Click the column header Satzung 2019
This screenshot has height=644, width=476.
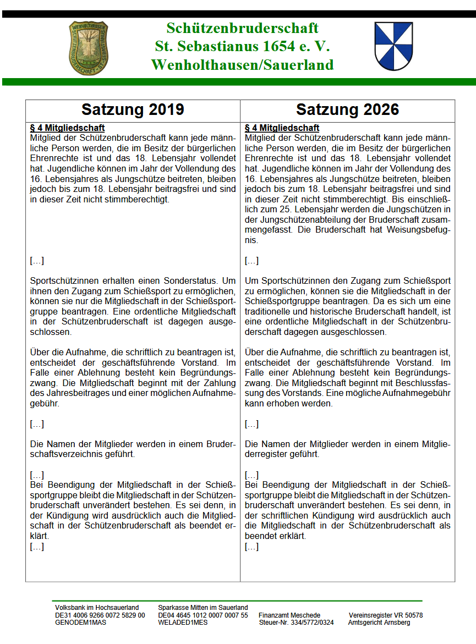point(133,109)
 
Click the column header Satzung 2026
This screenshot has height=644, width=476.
point(347,109)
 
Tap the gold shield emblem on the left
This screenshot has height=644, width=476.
point(89,48)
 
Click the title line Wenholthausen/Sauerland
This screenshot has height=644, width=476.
point(242,65)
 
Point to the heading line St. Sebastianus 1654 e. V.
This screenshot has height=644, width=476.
point(242,46)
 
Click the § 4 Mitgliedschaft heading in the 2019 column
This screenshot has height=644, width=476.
point(67,128)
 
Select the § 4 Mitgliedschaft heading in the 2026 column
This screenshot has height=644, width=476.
point(282,128)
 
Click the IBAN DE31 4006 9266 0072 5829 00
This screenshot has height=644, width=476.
point(100,615)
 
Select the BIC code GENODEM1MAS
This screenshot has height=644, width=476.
point(80,623)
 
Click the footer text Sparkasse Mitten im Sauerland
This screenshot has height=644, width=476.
point(203,608)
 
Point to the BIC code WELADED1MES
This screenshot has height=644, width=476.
point(183,623)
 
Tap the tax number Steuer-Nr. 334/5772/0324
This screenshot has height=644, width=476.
point(296,623)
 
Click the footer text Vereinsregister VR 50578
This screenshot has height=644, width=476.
point(386,615)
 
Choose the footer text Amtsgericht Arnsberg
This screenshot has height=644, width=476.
point(379,623)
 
